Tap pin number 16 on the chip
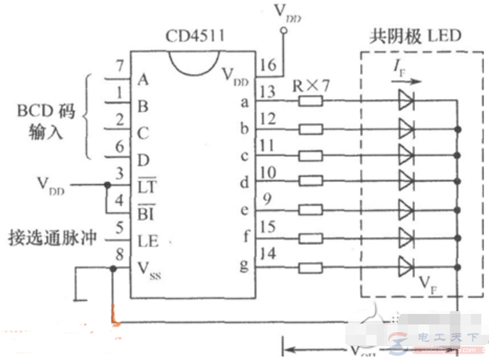click(x=266, y=65)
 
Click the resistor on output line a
click(x=310, y=102)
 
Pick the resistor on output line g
click(x=310, y=267)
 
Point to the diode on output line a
click(x=406, y=102)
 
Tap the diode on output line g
click(x=406, y=267)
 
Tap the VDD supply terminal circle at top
click(x=283, y=31)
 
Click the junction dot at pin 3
click(x=106, y=186)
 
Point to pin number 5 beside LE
click(x=119, y=226)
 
